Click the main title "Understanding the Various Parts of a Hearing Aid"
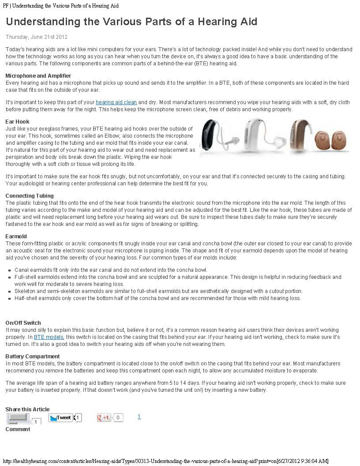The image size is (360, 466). [131, 22]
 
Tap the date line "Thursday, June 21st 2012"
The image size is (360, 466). [36, 37]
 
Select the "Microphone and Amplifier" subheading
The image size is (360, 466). [38, 76]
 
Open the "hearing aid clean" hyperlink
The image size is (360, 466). [116, 102]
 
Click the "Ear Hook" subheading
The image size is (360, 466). [18, 122]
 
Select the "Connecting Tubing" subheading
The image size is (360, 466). [30, 196]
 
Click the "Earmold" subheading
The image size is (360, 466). [16, 237]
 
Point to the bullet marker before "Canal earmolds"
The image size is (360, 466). [10, 270]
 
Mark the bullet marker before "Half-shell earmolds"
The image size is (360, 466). [10, 298]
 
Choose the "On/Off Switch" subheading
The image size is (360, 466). [23, 323]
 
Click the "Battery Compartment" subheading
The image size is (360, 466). [33, 357]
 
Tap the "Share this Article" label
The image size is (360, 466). [27, 410]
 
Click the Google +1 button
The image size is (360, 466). [104, 417]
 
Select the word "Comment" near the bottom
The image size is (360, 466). [18, 429]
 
